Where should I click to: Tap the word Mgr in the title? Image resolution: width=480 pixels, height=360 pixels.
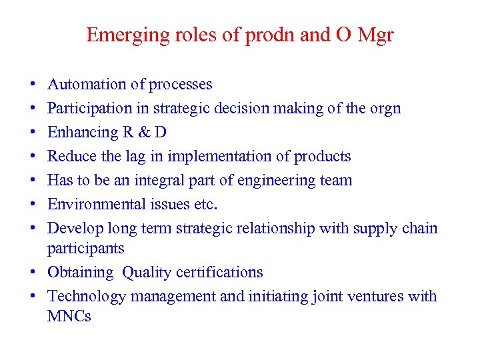pyautogui.click(x=375, y=35)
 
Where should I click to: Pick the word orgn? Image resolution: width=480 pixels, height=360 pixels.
pyautogui.click(x=384, y=109)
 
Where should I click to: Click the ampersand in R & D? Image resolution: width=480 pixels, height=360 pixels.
pyautogui.click(x=143, y=133)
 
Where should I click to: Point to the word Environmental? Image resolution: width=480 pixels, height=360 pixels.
pyautogui.click(x=91, y=205)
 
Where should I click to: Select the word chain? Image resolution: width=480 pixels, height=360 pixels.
pyautogui.click(x=419, y=229)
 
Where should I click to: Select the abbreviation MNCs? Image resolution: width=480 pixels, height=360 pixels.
pyautogui.click(x=69, y=317)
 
